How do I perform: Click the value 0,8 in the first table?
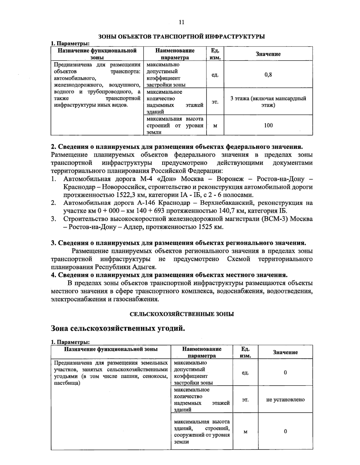pos(268,75)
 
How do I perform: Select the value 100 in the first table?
pos(268,125)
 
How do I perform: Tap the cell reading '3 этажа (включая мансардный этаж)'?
pos(268,102)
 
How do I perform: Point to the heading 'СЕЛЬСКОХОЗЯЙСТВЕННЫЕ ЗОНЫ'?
pos(181,314)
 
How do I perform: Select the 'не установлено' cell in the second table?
pos(285,400)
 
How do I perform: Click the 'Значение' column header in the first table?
pos(268,54)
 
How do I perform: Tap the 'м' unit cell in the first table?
pos(215,126)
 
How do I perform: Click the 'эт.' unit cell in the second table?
pos(245,400)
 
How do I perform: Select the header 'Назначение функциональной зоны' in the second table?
pos(111,349)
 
